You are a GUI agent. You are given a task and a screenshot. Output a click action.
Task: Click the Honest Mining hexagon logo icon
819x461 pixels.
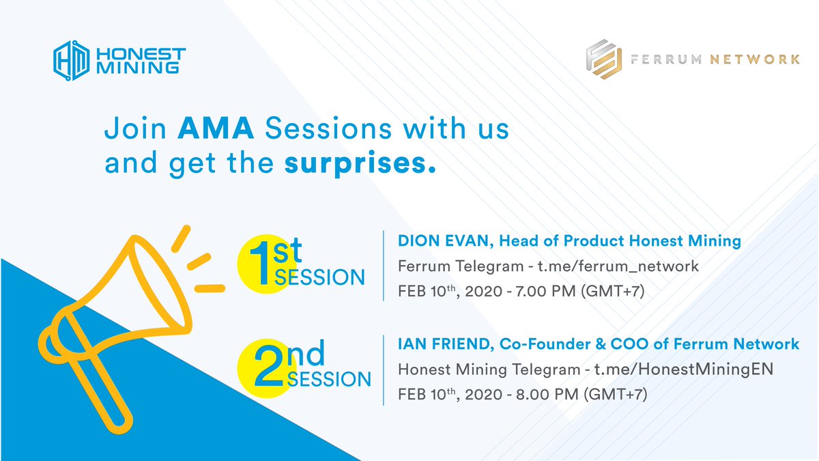click(x=71, y=60)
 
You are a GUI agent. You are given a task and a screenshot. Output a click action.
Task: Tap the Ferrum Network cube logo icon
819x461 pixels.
click(x=603, y=59)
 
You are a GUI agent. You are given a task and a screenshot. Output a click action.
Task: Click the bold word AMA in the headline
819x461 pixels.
click(x=216, y=128)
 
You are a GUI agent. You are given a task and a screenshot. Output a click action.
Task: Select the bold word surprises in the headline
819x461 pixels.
click(x=360, y=163)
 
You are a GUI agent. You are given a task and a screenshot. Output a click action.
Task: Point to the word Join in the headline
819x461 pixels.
click(x=135, y=128)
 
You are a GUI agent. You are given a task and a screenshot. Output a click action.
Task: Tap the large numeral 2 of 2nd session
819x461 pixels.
click(x=269, y=366)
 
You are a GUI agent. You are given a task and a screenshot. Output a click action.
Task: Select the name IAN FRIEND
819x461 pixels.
click(x=444, y=344)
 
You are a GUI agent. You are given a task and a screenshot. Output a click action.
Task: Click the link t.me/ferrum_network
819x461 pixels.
click(x=618, y=266)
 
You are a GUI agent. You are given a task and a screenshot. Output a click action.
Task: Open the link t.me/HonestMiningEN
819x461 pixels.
click(x=683, y=369)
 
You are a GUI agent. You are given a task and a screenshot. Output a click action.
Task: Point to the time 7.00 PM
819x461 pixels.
click(x=545, y=291)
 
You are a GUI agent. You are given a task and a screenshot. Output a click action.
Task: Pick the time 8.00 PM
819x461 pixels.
click(x=547, y=395)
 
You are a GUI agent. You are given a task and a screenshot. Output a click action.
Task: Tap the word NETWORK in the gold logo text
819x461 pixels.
click(x=755, y=59)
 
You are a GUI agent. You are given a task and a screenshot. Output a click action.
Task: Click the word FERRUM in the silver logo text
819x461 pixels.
click(x=666, y=59)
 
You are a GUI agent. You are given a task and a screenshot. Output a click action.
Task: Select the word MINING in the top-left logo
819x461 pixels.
click(x=137, y=68)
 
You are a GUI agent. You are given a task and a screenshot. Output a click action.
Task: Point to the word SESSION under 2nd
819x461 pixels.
click(x=329, y=379)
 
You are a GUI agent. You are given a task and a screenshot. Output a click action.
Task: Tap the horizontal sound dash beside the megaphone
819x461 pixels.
click(x=210, y=289)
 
